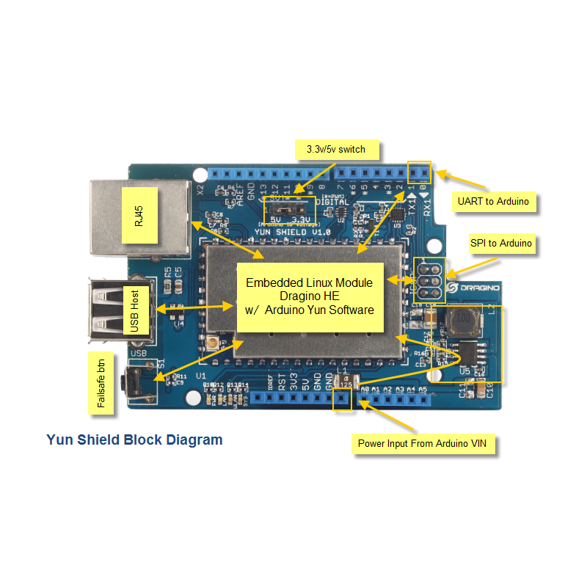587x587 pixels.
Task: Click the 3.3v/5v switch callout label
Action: tap(336, 150)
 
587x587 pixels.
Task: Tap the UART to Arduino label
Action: tap(494, 200)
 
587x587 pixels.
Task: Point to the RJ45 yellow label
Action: tap(139, 216)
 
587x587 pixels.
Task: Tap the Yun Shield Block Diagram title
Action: tap(134, 440)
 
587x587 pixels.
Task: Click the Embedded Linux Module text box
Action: tap(310, 296)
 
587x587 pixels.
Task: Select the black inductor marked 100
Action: tap(462, 320)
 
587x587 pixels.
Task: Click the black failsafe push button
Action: tap(134, 380)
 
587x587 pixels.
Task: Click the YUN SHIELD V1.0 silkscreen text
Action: tap(292, 232)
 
